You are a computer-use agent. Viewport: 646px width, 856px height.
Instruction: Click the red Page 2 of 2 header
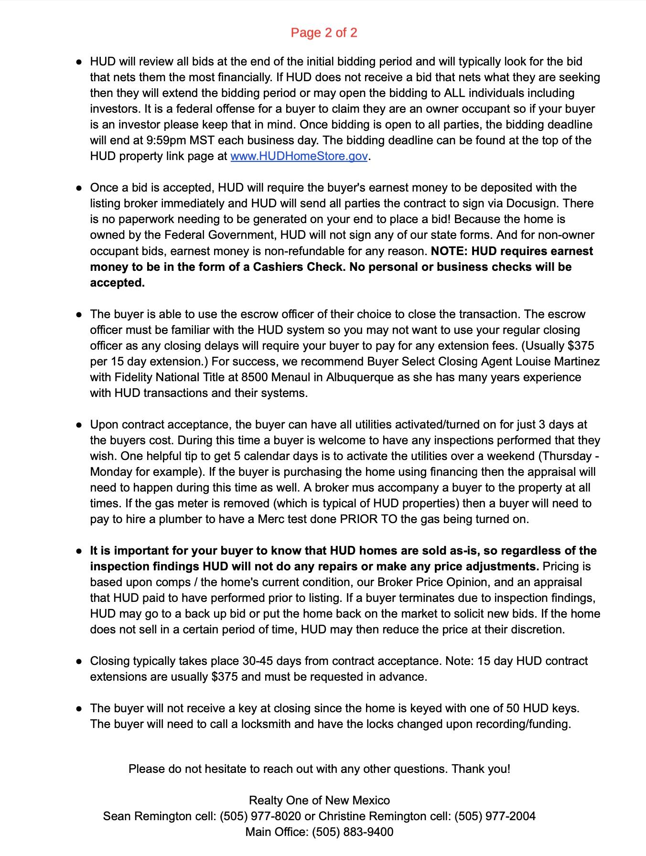click(323, 32)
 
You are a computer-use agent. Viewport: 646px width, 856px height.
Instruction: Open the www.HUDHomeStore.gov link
click(299, 156)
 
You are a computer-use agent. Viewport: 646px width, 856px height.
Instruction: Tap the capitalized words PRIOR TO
click(368, 519)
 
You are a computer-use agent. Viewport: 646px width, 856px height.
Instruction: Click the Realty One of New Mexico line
click(319, 801)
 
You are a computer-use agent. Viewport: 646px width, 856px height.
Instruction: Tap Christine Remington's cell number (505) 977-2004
click(495, 816)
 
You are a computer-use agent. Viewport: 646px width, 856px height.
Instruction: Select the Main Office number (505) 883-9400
click(353, 832)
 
